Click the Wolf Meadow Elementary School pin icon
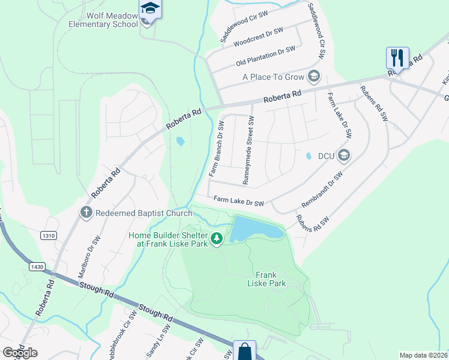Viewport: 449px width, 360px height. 150,10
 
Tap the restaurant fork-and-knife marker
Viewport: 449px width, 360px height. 397,58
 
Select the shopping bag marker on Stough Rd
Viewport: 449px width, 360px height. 245,351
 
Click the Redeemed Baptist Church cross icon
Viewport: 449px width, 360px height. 86,212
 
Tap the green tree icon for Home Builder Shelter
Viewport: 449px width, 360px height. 217,240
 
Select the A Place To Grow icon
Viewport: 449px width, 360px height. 313,76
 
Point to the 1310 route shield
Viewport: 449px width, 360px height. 49,236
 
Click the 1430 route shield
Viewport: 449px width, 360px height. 37,265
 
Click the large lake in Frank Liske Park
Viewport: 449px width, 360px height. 255,229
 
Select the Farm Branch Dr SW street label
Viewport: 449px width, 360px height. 217,149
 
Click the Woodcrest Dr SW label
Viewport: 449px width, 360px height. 258,37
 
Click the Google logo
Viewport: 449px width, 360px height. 20,353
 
